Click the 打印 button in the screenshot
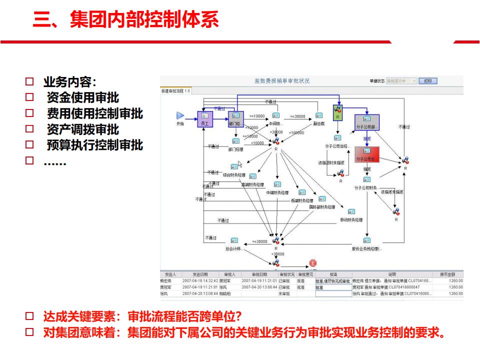[x=428, y=81]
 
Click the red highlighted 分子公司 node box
[x=367, y=154]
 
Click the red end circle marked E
[x=313, y=263]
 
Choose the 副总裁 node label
[x=319, y=123]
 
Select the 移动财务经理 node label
[x=351, y=220]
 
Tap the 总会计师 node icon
[x=234, y=240]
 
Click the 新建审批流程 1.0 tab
[x=175, y=91]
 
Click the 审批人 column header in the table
[x=229, y=274]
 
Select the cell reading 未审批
[x=284, y=294]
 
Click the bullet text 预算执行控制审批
[x=95, y=145]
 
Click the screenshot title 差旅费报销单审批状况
[x=282, y=81]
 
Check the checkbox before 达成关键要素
[x=29, y=316]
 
